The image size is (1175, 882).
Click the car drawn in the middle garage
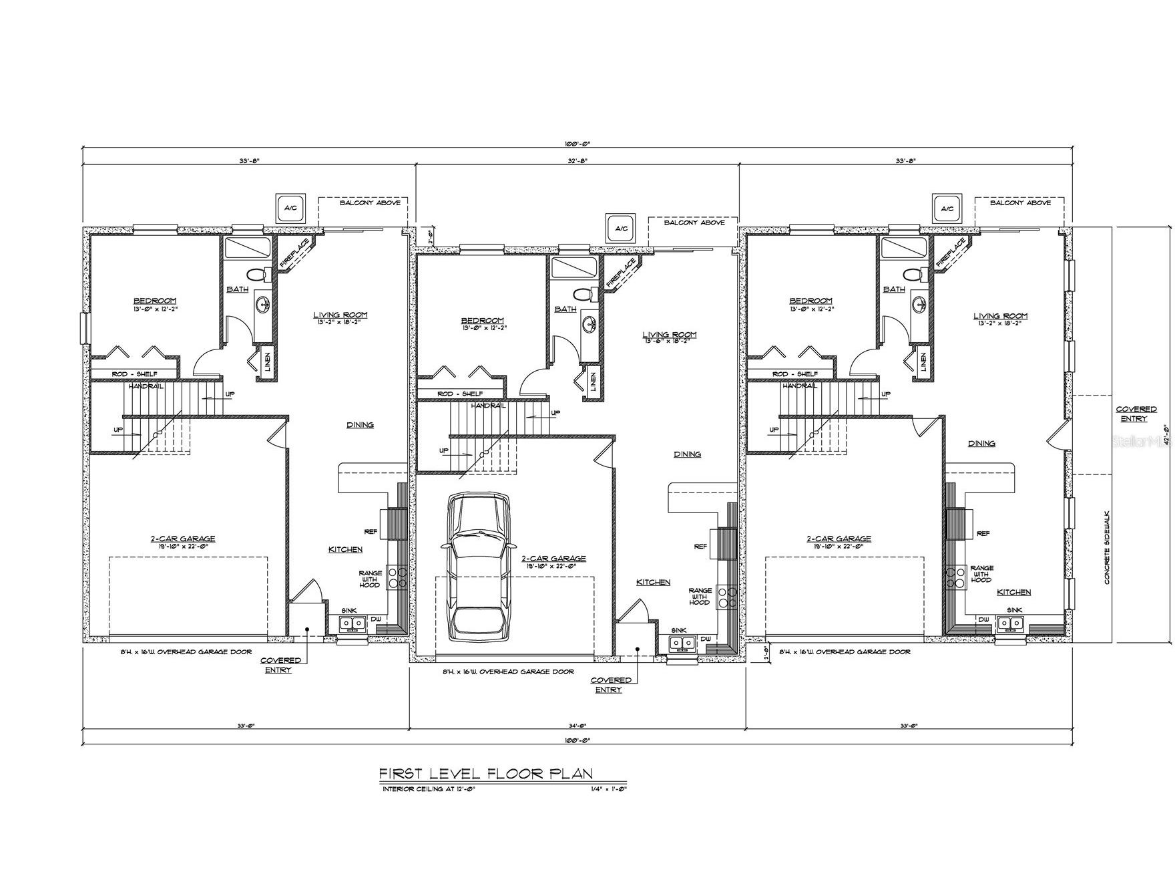pos(477,568)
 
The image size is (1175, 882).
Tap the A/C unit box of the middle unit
pos(621,229)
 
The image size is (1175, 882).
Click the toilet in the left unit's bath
pos(256,274)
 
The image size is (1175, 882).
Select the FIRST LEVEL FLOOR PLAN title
pos(486,774)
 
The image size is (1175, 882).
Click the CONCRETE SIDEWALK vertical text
pos(1106,545)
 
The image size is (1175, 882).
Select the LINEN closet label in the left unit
pos(268,362)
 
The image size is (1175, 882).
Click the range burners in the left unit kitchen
pos(402,577)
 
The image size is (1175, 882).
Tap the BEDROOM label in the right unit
pos(810,301)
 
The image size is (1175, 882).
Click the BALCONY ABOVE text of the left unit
pos(370,202)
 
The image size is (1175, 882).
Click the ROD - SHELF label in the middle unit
pos(460,394)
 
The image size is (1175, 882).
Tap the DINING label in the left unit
pos(360,424)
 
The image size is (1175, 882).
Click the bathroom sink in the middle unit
pos(590,325)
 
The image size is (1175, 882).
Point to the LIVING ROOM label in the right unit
pos(1000,316)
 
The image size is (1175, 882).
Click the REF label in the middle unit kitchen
pos(700,547)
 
